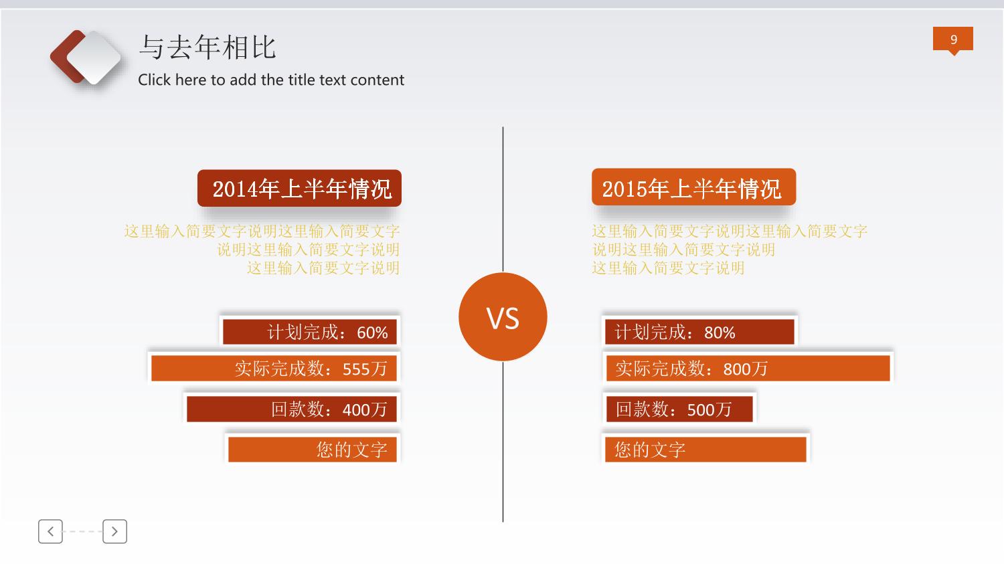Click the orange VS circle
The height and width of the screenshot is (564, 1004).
[503, 316]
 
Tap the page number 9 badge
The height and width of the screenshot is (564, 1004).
[953, 39]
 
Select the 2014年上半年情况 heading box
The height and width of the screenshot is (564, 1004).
[299, 188]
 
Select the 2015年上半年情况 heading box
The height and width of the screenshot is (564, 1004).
[694, 187]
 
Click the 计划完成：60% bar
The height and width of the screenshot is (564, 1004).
[310, 332]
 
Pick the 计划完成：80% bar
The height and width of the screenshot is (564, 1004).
[699, 332]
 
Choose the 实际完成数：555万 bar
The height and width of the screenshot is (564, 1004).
[274, 368]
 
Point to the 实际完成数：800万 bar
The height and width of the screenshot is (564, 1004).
[748, 368]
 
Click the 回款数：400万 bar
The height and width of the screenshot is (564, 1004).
[292, 409]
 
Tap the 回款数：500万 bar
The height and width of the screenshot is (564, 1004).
[679, 409]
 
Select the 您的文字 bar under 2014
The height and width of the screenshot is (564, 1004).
[313, 450]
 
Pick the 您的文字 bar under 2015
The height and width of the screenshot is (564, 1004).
[705, 450]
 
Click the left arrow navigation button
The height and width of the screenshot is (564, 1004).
[50, 532]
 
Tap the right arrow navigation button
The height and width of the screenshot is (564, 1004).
[114, 532]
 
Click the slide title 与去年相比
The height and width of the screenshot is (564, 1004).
[207, 47]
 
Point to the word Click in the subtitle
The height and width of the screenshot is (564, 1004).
[154, 80]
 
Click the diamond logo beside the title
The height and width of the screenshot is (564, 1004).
[86, 58]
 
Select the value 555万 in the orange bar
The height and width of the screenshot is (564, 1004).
[364, 369]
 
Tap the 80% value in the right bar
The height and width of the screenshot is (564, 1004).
[720, 333]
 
